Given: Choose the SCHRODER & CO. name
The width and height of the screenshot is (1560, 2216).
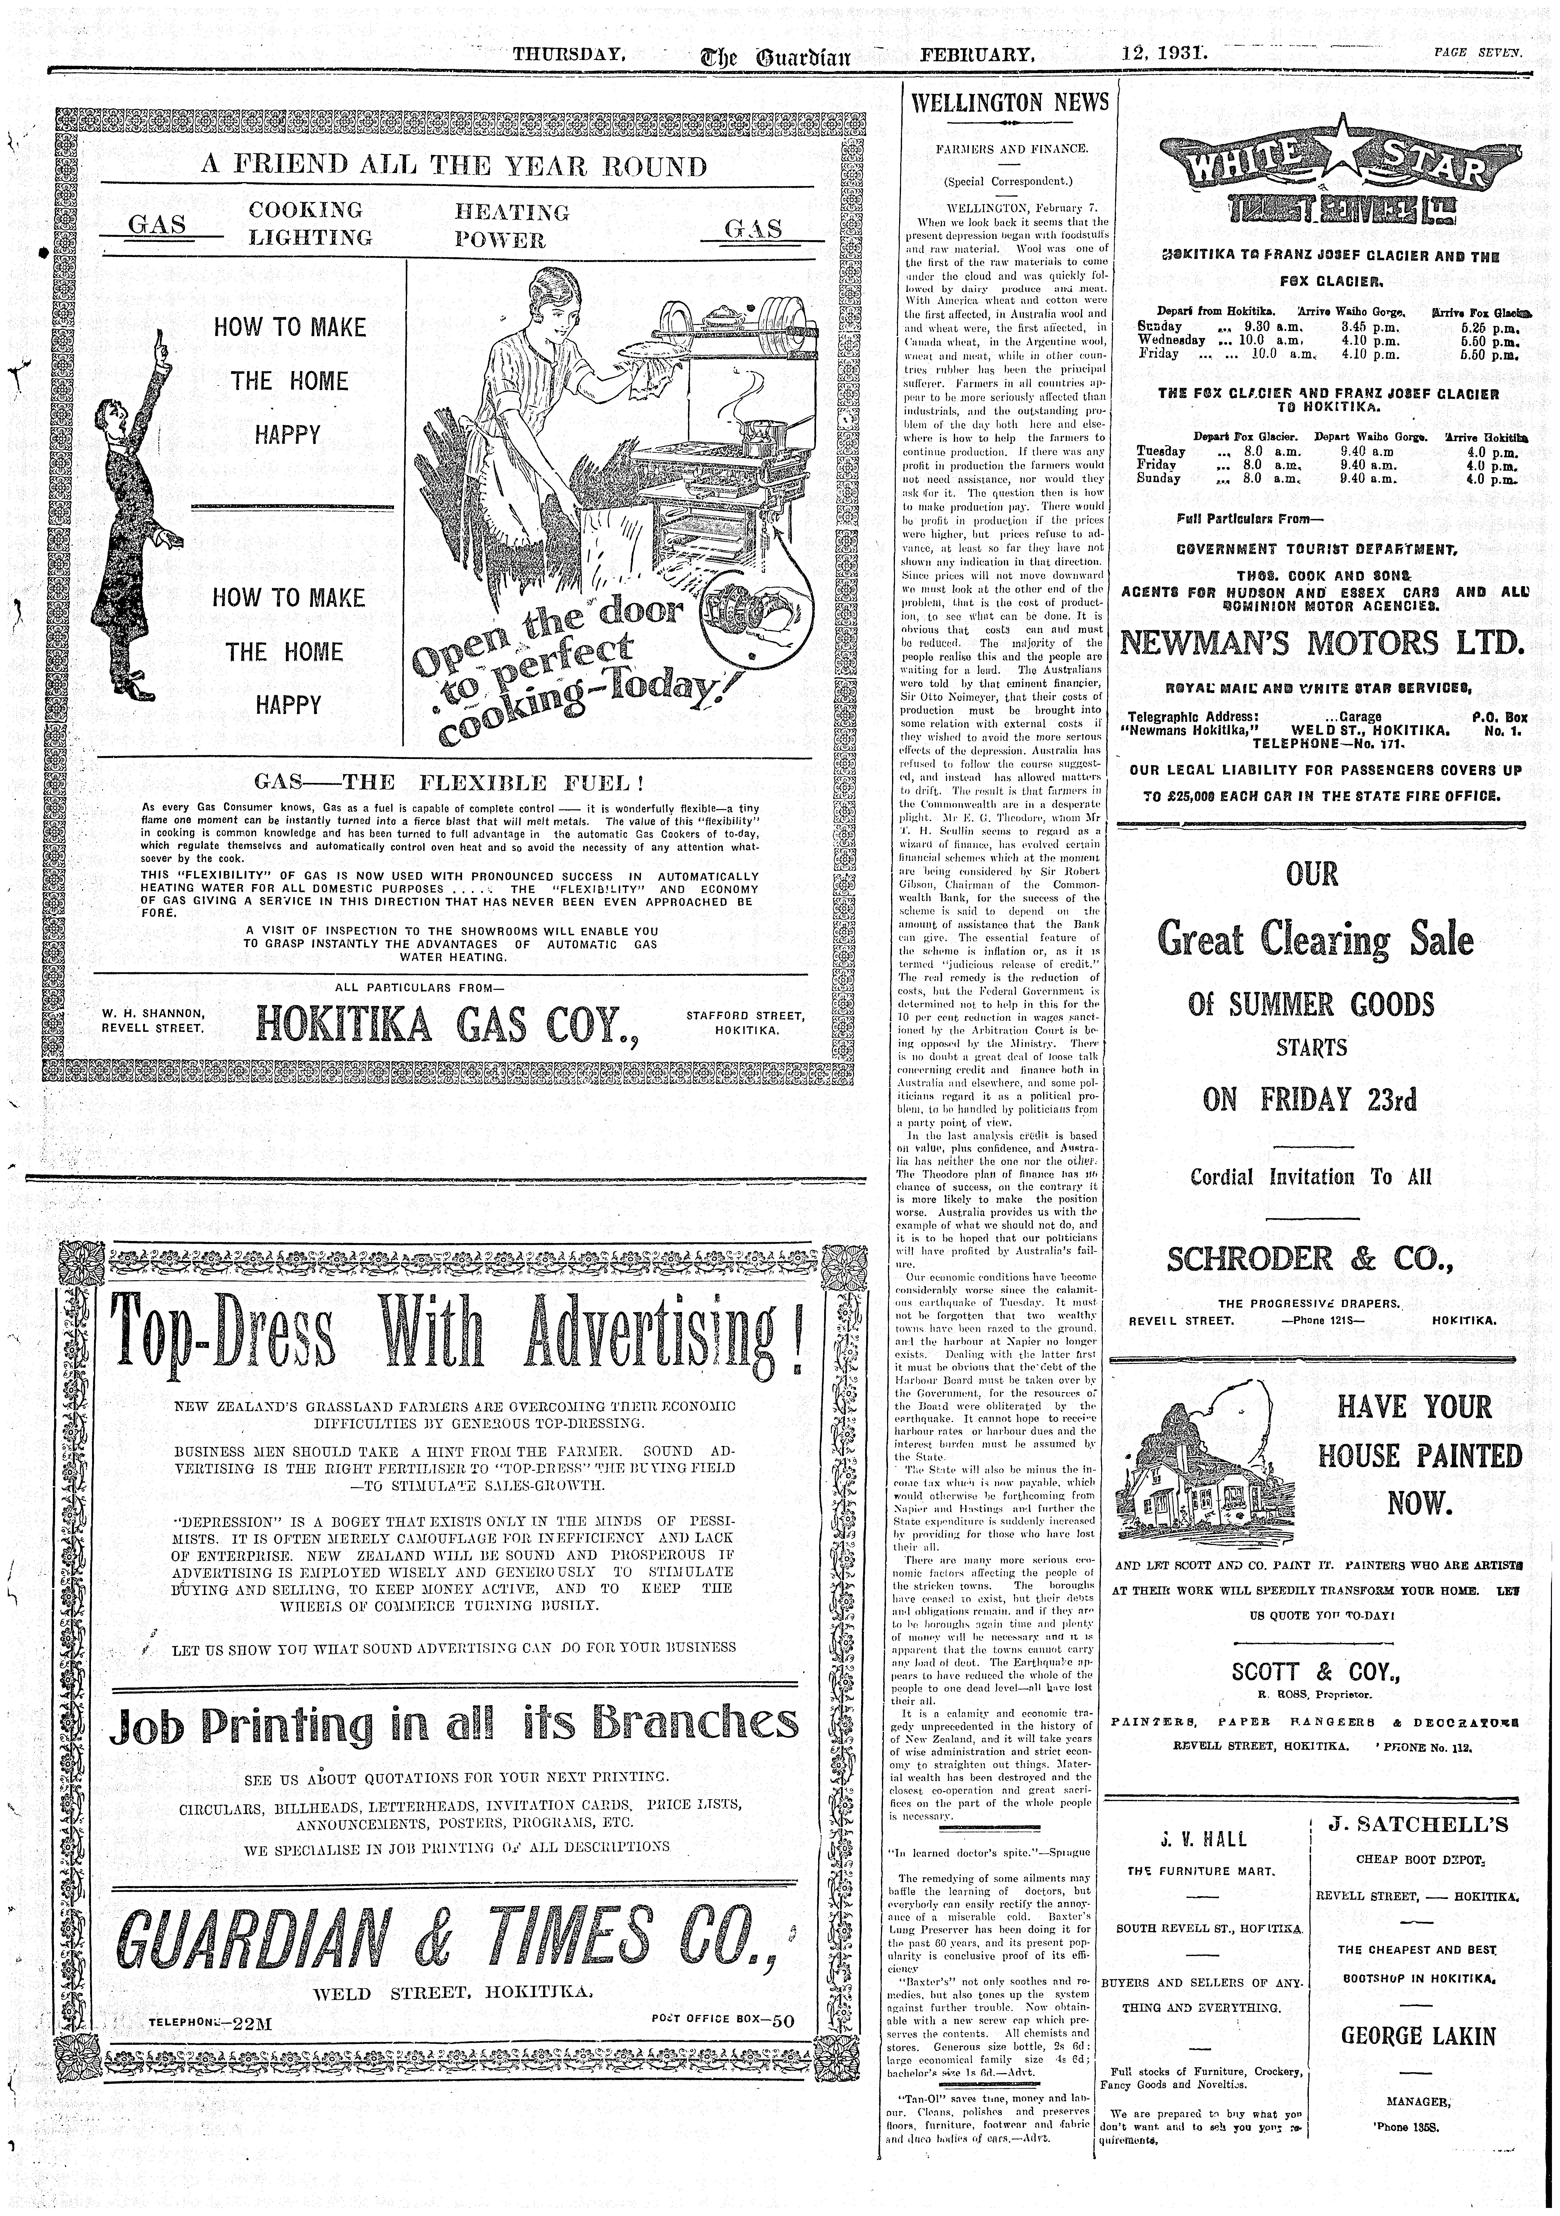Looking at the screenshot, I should [x=1309, y=1260].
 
